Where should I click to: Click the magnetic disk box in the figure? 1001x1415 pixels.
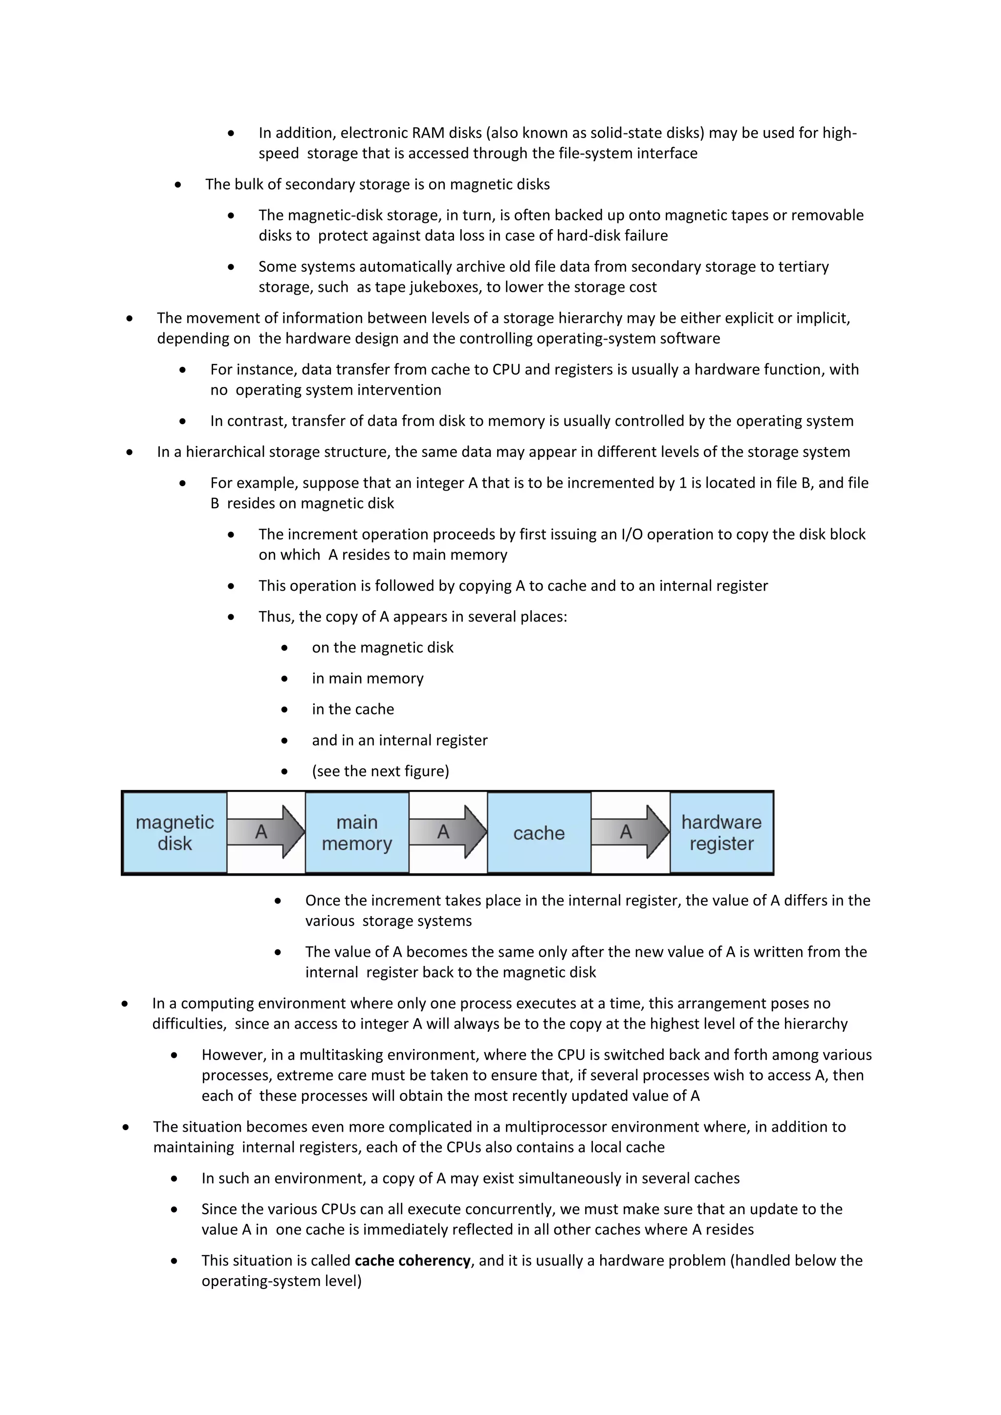[174, 833]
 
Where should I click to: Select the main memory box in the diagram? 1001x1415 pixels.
[357, 833]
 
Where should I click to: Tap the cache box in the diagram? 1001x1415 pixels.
[539, 833]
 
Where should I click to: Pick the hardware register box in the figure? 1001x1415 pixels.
[721, 833]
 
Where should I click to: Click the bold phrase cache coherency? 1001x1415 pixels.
[413, 1260]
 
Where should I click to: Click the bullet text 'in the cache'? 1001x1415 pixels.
[352, 709]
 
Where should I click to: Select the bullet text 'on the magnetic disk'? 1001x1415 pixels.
[382, 648]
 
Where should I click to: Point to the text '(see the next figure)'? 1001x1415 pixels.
[380, 771]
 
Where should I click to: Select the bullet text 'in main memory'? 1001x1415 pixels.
[368, 679]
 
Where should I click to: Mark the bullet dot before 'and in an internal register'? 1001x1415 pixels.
[284, 741]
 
